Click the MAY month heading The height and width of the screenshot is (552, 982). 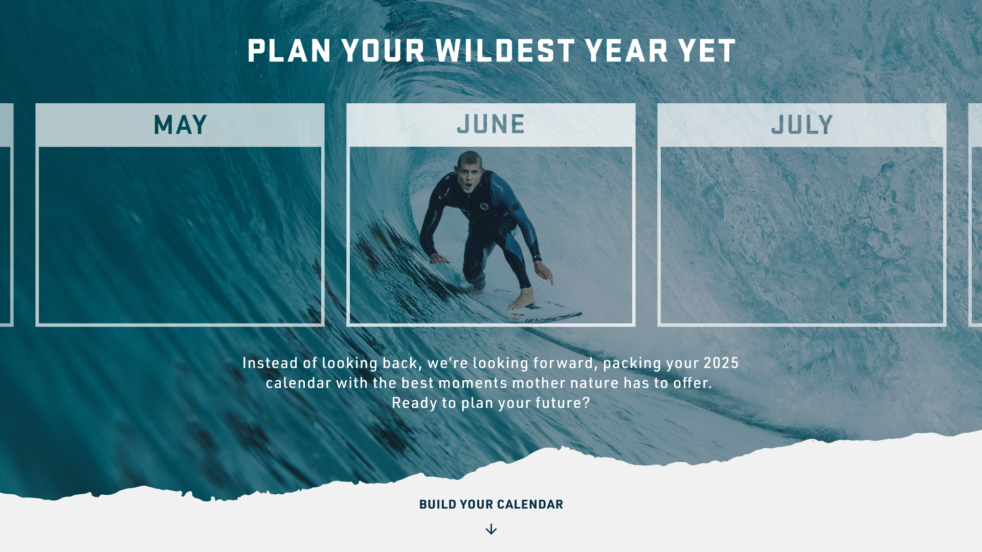[180, 125]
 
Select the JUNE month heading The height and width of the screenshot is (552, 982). [491, 125]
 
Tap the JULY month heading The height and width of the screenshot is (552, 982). [801, 125]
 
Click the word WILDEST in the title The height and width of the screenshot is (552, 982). [505, 52]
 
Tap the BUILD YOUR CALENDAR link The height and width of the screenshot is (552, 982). [491, 504]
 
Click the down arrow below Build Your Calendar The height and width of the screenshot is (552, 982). [491, 529]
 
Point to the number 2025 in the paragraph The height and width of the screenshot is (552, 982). [721, 363]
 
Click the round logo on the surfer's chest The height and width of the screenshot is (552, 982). [484, 206]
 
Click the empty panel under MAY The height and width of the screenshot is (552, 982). [180, 235]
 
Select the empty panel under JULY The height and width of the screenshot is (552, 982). [801, 235]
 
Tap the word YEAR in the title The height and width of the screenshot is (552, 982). [626, 52]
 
